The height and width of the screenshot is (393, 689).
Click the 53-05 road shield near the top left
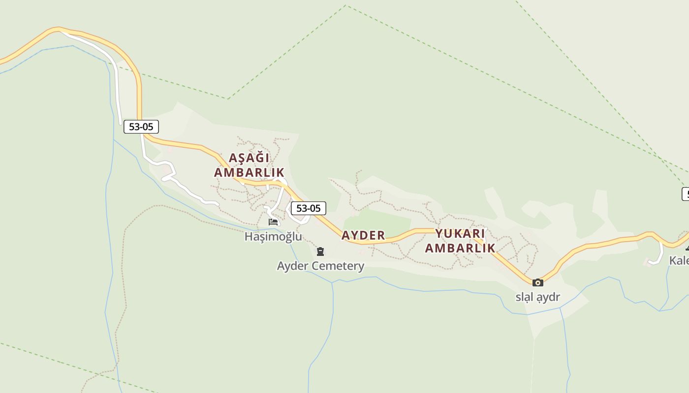coord(141,127)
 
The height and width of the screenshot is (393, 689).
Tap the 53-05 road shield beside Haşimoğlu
coord(309,208)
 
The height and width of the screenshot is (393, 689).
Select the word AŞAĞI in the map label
coord(249,158)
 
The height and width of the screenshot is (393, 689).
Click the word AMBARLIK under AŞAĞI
coord(249,172)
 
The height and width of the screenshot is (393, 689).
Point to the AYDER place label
coord(363,235)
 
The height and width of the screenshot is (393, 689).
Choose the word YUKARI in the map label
coord(460,234)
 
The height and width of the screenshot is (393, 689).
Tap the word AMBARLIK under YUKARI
coord(460,248)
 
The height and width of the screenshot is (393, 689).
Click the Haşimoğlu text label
coord(273,237)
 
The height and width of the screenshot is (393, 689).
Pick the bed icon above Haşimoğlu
coord(273,222)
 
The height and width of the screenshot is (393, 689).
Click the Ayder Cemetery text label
coord(320,266)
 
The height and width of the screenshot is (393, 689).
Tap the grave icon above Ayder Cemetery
coord(320,252)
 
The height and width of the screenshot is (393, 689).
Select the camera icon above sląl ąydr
coord(538,282)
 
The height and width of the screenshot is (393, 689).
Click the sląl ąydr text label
coord(538,297)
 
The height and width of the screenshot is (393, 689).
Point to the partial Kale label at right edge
coord(679,260)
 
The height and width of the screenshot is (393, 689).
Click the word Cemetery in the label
coord(340,266)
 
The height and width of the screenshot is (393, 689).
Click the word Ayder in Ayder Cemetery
coord(292,266)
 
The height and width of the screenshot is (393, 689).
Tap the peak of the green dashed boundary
coord(346,5)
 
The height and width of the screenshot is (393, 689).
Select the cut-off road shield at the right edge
coord(685,194)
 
